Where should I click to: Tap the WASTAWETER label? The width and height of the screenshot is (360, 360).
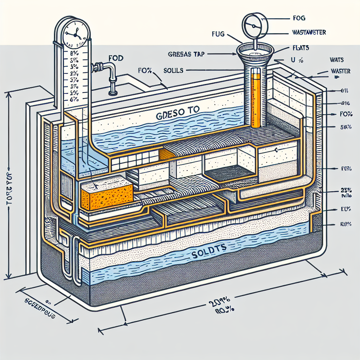308,33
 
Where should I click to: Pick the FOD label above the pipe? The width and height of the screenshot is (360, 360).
116,58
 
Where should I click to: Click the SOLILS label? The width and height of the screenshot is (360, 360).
173,70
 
